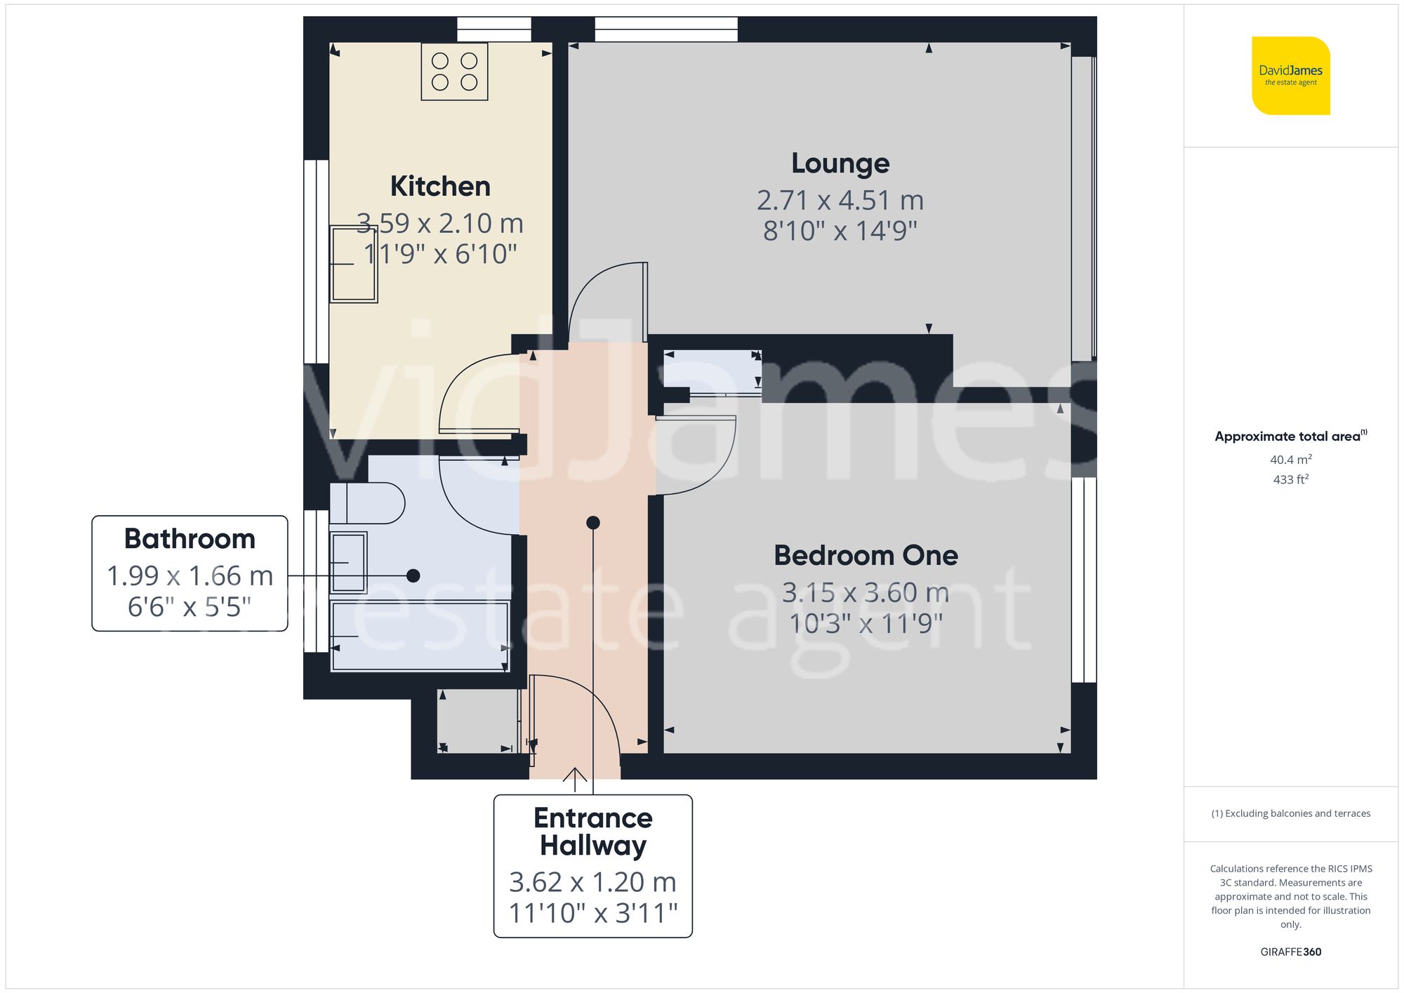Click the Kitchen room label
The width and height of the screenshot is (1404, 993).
click(x=440, y=187)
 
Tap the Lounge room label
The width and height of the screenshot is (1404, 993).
click(x=840, y=164)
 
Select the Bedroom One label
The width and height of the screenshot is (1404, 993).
click(x=866, y=556)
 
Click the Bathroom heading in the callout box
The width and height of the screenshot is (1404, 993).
click(x=190, y=539)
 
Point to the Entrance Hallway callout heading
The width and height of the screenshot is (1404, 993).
click(x=593, y=832)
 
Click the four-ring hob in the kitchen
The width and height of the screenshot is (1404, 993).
click(x=454, y=72)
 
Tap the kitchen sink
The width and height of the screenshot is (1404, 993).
click(x=354, y=264)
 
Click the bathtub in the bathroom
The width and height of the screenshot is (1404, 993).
click(x=420, y=637)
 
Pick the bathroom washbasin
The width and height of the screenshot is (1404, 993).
click(x=348, y=562)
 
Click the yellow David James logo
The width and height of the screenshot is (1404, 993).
click(x=1290, y=76)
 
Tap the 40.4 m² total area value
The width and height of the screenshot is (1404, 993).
click(x=1290, y=460)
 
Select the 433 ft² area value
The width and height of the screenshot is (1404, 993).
click(x=1290, y=479)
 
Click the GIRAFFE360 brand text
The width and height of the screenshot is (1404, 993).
click(x=1290, y=952)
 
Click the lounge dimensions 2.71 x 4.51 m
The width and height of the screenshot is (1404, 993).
click(x=840, y=201)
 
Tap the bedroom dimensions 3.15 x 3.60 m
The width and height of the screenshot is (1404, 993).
click(x=866, y=593)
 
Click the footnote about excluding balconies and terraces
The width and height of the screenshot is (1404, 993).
click(x=1290, y=813)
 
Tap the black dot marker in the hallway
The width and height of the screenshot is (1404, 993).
click(x=593, y=522)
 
